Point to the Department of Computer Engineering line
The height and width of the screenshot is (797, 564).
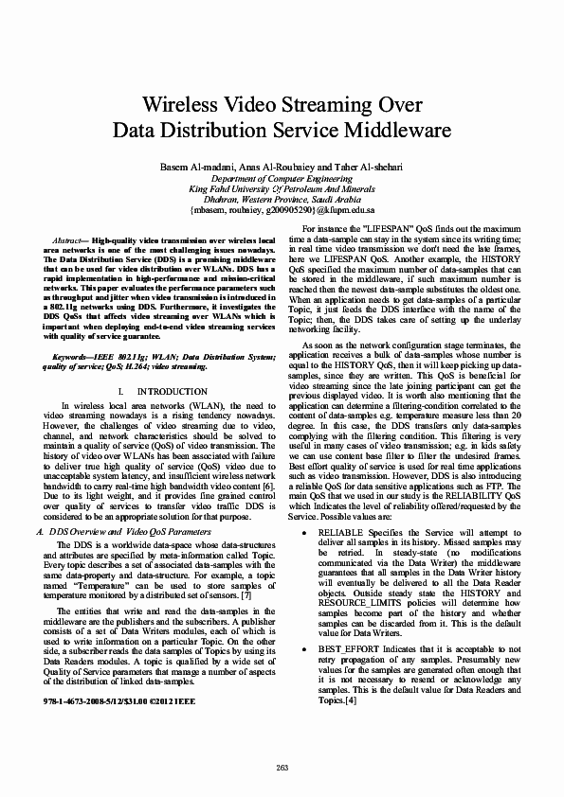282,178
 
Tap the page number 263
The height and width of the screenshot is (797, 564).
282,767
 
